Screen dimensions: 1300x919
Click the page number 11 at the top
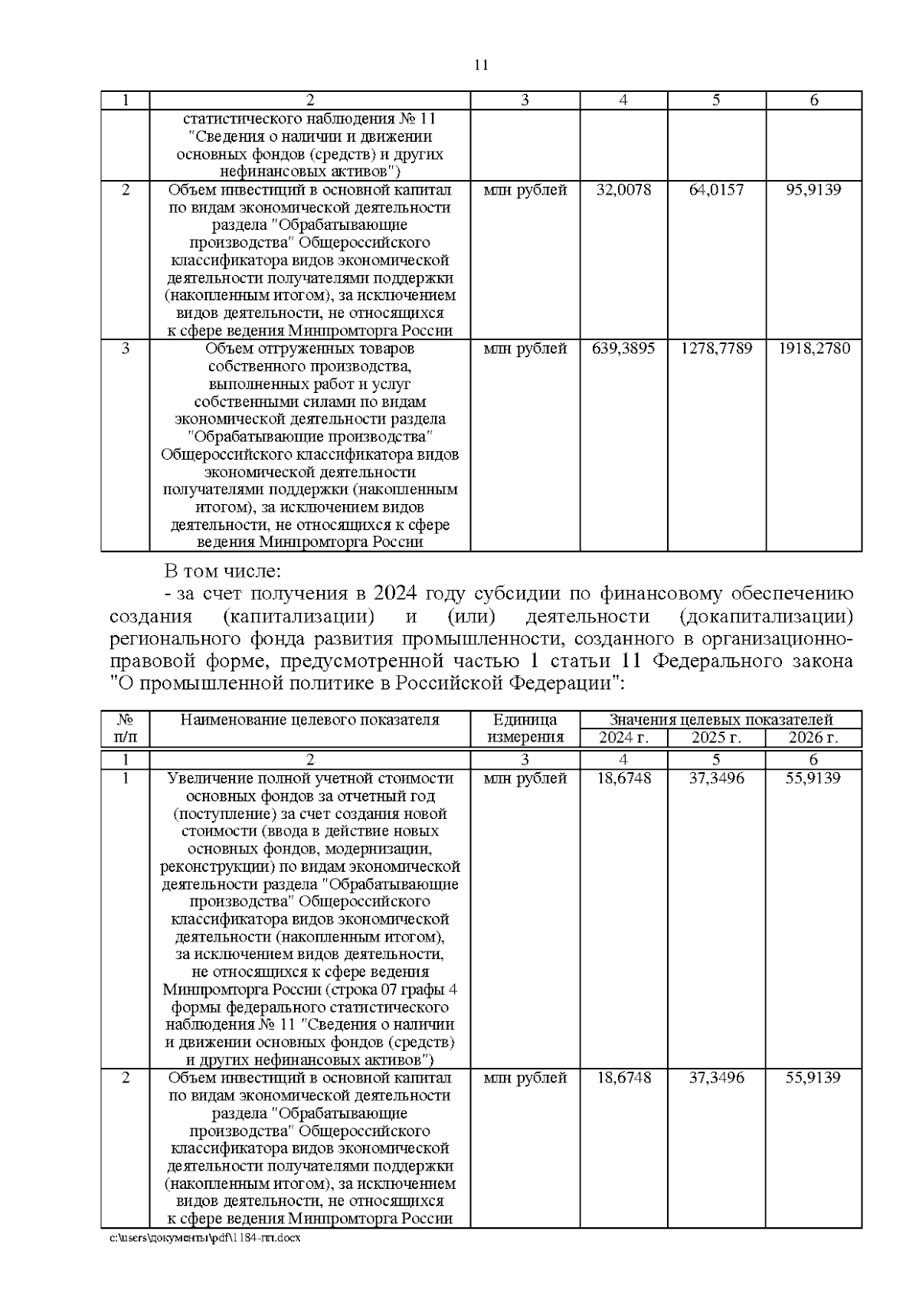pyautogui.click(x=481, y=65)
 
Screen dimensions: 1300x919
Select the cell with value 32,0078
pyautogui.click(x=623, y=190)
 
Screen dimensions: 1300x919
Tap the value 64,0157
pyautogui.click(x=716, y=190)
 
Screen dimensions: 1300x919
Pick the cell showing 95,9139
pyautogui.click(x=813, y=190)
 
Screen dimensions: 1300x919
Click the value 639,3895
pyautogui.click(x=623, y=349)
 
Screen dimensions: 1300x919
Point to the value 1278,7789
pyautogui.click(x=716, y=349)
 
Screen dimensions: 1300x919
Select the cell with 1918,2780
pyautogui.click(x=813, y=349)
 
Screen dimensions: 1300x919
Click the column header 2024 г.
pyautogui.click(x=623, y=738)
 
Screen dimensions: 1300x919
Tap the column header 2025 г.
pyautogui.click(x=716, y=738)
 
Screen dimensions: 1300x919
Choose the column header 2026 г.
pyautogui.click(x=813, y=738)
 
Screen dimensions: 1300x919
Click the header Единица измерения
pyautogui.click(x=525, y=729)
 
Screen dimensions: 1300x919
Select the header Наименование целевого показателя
pyautogui.click(x=309, y=720)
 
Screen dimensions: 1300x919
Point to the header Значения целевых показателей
pyautogui.click(x=720, y=720)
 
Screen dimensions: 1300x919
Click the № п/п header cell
pyautogui.click(x=125, y=729)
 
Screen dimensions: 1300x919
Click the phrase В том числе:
pyautogui.click(x=223, y=571)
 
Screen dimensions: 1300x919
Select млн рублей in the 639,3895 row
pyautogui.click(x=525, y=349)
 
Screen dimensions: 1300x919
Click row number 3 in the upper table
pyautogui.click(x=125, y=349)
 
